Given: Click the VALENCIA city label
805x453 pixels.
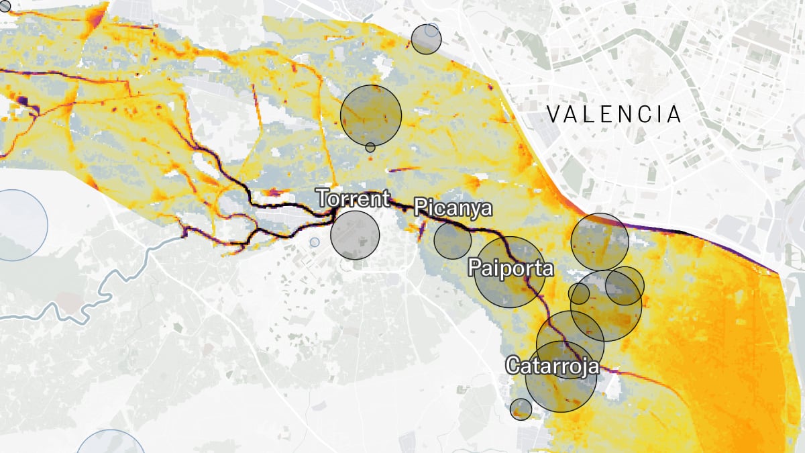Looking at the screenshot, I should coord(614,114).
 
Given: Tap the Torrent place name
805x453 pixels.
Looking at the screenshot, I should coord(353,199).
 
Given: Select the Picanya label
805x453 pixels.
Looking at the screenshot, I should coord(453,207).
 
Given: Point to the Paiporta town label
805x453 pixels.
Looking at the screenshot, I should coord(511,268).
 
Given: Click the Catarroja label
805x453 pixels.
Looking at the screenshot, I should coord(552,366).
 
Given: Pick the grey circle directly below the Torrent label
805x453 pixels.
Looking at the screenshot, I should coord(355,235).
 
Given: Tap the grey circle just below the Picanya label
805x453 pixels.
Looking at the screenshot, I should coord(452,240).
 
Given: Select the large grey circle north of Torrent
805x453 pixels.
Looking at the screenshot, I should coord(371,115).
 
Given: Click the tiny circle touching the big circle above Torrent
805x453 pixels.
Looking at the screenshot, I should coord(370,148).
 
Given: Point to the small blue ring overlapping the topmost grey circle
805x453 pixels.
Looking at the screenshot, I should coord(431,31).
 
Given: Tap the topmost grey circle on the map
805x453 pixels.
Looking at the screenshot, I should coord(425,39).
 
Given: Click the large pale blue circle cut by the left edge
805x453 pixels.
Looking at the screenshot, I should coord(17,225).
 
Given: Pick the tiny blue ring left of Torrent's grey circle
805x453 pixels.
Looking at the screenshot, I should coord(315,242).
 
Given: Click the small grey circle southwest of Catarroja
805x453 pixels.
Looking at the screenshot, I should coord(521,409).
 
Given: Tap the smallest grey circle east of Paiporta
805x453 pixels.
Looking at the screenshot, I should coord(579,293).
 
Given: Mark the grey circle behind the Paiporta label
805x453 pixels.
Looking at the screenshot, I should coord(510,272).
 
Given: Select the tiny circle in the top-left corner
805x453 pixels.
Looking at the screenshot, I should coord(5,5).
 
